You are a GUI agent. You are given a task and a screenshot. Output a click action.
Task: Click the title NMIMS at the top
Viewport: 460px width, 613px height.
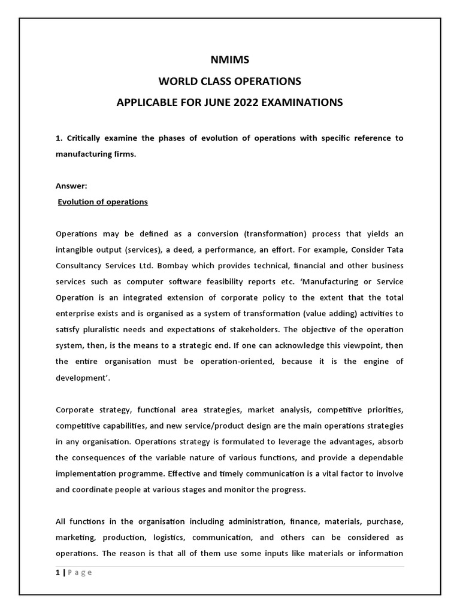[229, 60]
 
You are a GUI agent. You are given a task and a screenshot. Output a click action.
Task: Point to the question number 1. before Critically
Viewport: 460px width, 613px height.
[59, 138]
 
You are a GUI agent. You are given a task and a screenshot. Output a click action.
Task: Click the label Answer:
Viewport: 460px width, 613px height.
[71, 186]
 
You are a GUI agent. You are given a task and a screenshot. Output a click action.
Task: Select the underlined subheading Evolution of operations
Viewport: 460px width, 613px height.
[102, 202]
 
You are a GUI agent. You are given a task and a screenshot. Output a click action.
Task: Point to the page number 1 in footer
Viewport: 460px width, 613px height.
[57, 572]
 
